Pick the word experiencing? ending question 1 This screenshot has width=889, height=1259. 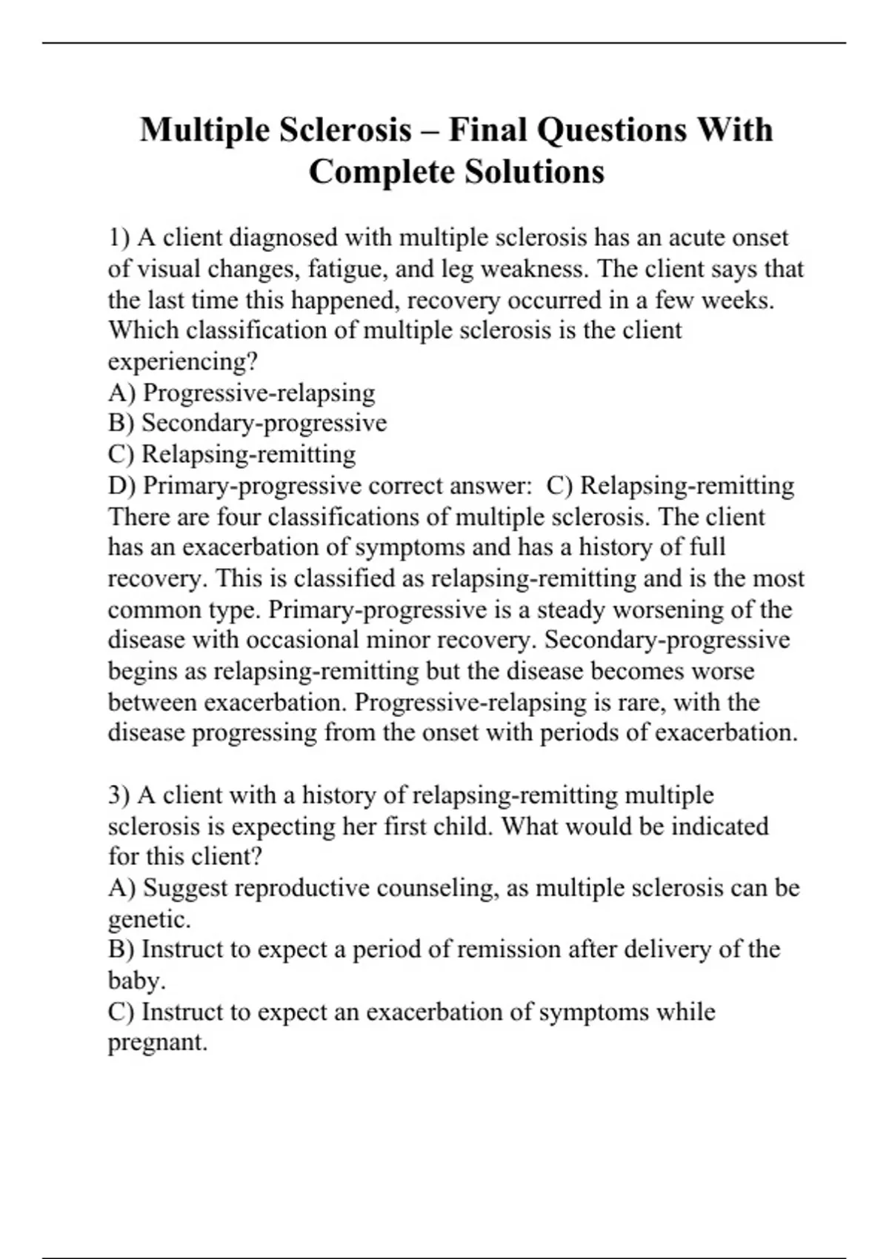point(182,362)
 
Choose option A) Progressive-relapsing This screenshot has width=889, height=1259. point(242,393)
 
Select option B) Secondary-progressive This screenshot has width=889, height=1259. point(247,424)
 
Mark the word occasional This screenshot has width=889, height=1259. point(294,641)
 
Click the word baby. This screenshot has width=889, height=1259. point(136,981)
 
